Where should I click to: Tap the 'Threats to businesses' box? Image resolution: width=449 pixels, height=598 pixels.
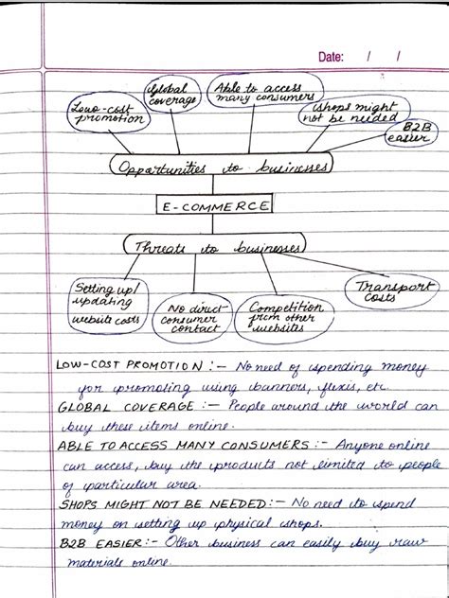(215, 247)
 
